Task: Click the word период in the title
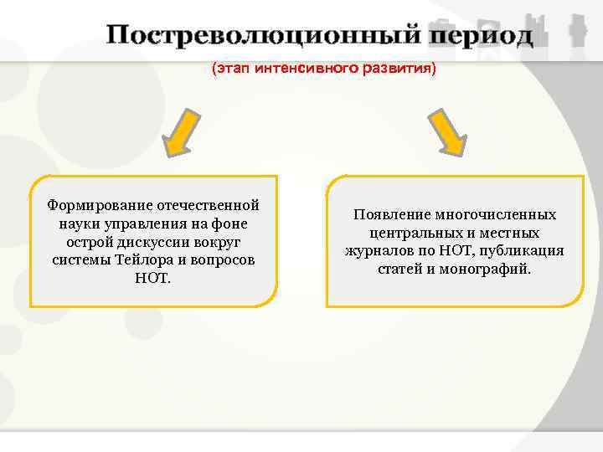click(479, 37)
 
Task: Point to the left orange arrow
click(183, 132)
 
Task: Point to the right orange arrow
click(448, 132)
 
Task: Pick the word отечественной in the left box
click(210, 206)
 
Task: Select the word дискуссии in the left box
click(160, 243)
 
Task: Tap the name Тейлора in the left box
click(140, 260)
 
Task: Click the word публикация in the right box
click(524, 251)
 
